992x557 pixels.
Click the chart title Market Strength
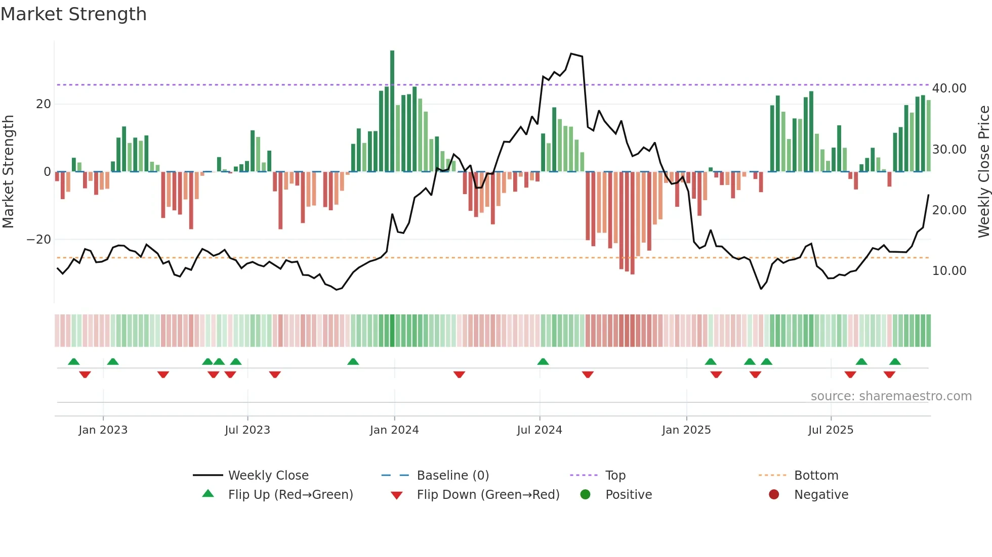73,14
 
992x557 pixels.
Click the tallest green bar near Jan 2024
392,111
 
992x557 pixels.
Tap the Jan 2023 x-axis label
103,430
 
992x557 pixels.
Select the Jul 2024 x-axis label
540,430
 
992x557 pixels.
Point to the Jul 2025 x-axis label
831,430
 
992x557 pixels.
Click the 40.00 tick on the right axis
949,88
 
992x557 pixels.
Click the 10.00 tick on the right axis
949,271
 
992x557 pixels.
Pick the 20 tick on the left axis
44,104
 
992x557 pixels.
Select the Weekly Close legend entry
268,476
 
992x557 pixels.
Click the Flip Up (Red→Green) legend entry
290,495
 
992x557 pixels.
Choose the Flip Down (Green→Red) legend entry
488,495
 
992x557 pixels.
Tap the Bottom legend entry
816,476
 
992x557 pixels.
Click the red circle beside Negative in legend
774,495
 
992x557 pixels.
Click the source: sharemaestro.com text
891,396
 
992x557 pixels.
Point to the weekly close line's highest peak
571,54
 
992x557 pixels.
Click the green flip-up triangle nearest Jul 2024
543,361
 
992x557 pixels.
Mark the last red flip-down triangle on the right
889,375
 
